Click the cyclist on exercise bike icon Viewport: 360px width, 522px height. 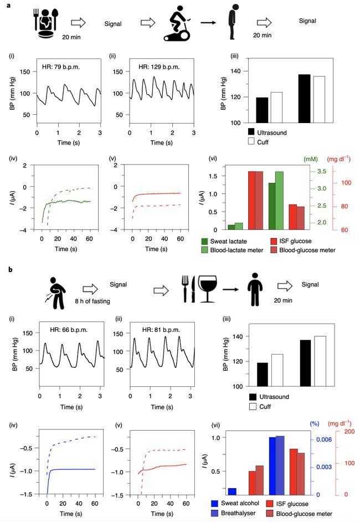pyautogui.click(x=179, y=24)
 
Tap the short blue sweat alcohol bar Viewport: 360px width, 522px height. pyautogui.click(x=216, y=491)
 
